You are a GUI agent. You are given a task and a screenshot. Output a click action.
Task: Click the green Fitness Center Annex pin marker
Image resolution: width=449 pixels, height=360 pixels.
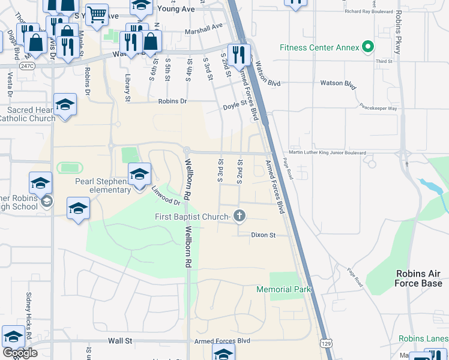pos(368,47)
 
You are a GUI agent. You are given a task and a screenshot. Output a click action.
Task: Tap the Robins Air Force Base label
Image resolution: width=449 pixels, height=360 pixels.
pos(418,278)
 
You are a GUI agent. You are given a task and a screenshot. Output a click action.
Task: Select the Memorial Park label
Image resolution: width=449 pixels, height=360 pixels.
pos(283,289)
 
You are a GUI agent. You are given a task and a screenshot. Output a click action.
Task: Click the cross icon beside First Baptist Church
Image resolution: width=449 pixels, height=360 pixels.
pos(240,216)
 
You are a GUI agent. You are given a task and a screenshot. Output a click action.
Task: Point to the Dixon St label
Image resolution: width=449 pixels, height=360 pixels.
pos(263,235)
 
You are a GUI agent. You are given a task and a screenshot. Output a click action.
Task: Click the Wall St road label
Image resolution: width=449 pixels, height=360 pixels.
pos(120,341)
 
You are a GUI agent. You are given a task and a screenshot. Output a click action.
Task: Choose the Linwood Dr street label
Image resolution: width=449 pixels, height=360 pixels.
pos(166,195)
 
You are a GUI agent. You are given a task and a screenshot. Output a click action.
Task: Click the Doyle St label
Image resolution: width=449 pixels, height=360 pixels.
pos(235,104)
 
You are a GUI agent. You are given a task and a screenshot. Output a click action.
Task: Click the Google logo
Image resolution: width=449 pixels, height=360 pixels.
pos(19,352)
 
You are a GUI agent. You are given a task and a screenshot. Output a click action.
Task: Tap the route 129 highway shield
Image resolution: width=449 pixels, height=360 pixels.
pos(325,343)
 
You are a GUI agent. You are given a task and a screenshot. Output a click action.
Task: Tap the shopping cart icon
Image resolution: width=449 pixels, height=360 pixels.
pos(96,14)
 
